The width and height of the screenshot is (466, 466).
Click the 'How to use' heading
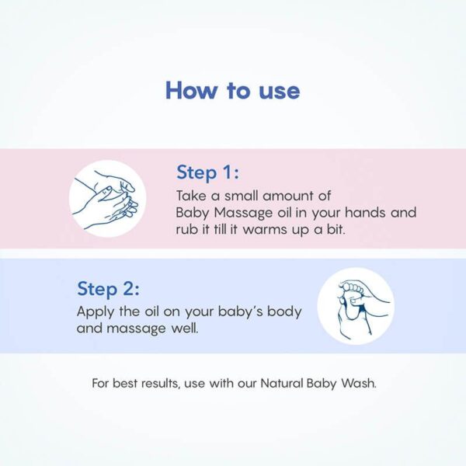(232, 90)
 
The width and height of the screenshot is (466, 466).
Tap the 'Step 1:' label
(207, 172)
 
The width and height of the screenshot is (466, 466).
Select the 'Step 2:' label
(108, 289)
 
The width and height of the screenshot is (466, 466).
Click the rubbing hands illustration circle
(108, 199)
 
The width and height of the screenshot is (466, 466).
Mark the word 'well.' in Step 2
(186, 329)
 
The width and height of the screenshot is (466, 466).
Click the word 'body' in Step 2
(285, 311)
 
